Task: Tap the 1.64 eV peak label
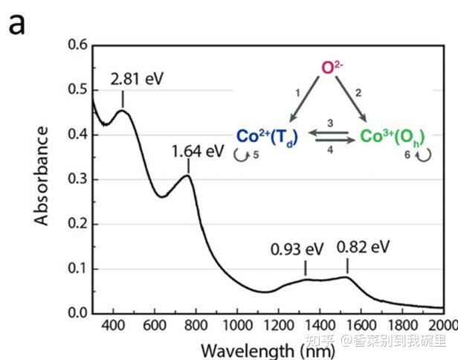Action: click(x=198, y=151)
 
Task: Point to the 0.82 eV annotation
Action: click(x=363, y=247)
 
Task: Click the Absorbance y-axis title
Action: click(x=42, y=176)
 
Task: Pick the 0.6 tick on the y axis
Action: click(x=77, y=45)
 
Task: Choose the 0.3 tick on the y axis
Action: click(x=77, y=179)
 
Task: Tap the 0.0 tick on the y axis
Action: click(x=77, y=313)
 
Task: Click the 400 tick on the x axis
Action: click(x=113, y=326)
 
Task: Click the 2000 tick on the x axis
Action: click(x=442, y=326)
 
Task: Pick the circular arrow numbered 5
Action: click(x=243, y=155)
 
